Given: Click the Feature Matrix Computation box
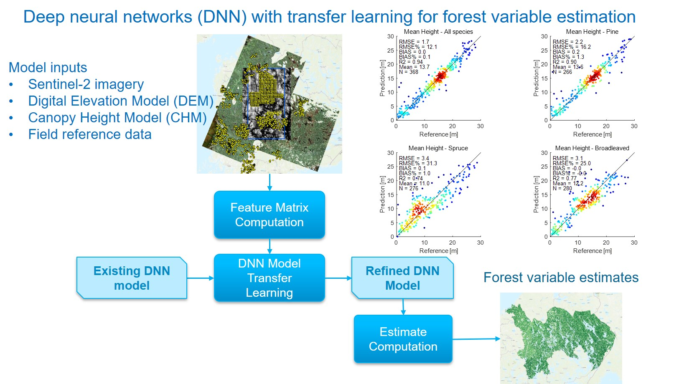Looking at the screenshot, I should (269, 215).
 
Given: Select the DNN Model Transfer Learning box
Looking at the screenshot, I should (269, 278).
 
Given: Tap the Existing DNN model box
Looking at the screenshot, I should (132, 278).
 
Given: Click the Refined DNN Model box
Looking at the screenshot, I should (402, 278).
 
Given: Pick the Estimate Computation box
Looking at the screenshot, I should (403, 339).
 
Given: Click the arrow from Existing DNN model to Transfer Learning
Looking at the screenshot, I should (200, 278).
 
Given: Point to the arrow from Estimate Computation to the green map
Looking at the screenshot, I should (476, 339).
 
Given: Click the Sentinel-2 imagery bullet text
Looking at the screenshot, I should (86, 84).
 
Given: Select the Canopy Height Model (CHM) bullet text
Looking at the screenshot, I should (117, 118).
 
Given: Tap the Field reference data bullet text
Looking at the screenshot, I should (89, 134).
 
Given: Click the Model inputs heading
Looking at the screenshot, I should (48, 68).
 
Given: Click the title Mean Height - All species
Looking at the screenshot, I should (438, 32).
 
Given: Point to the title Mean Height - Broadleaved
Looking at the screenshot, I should (592, 148).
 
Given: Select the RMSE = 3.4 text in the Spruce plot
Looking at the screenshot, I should (414, 158).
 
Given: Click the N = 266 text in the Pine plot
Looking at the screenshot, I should (562, 72).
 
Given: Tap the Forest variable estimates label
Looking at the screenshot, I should (561, 278).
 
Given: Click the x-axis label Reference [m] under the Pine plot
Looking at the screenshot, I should (592, 134).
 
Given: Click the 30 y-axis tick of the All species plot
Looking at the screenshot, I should (390, 36).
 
